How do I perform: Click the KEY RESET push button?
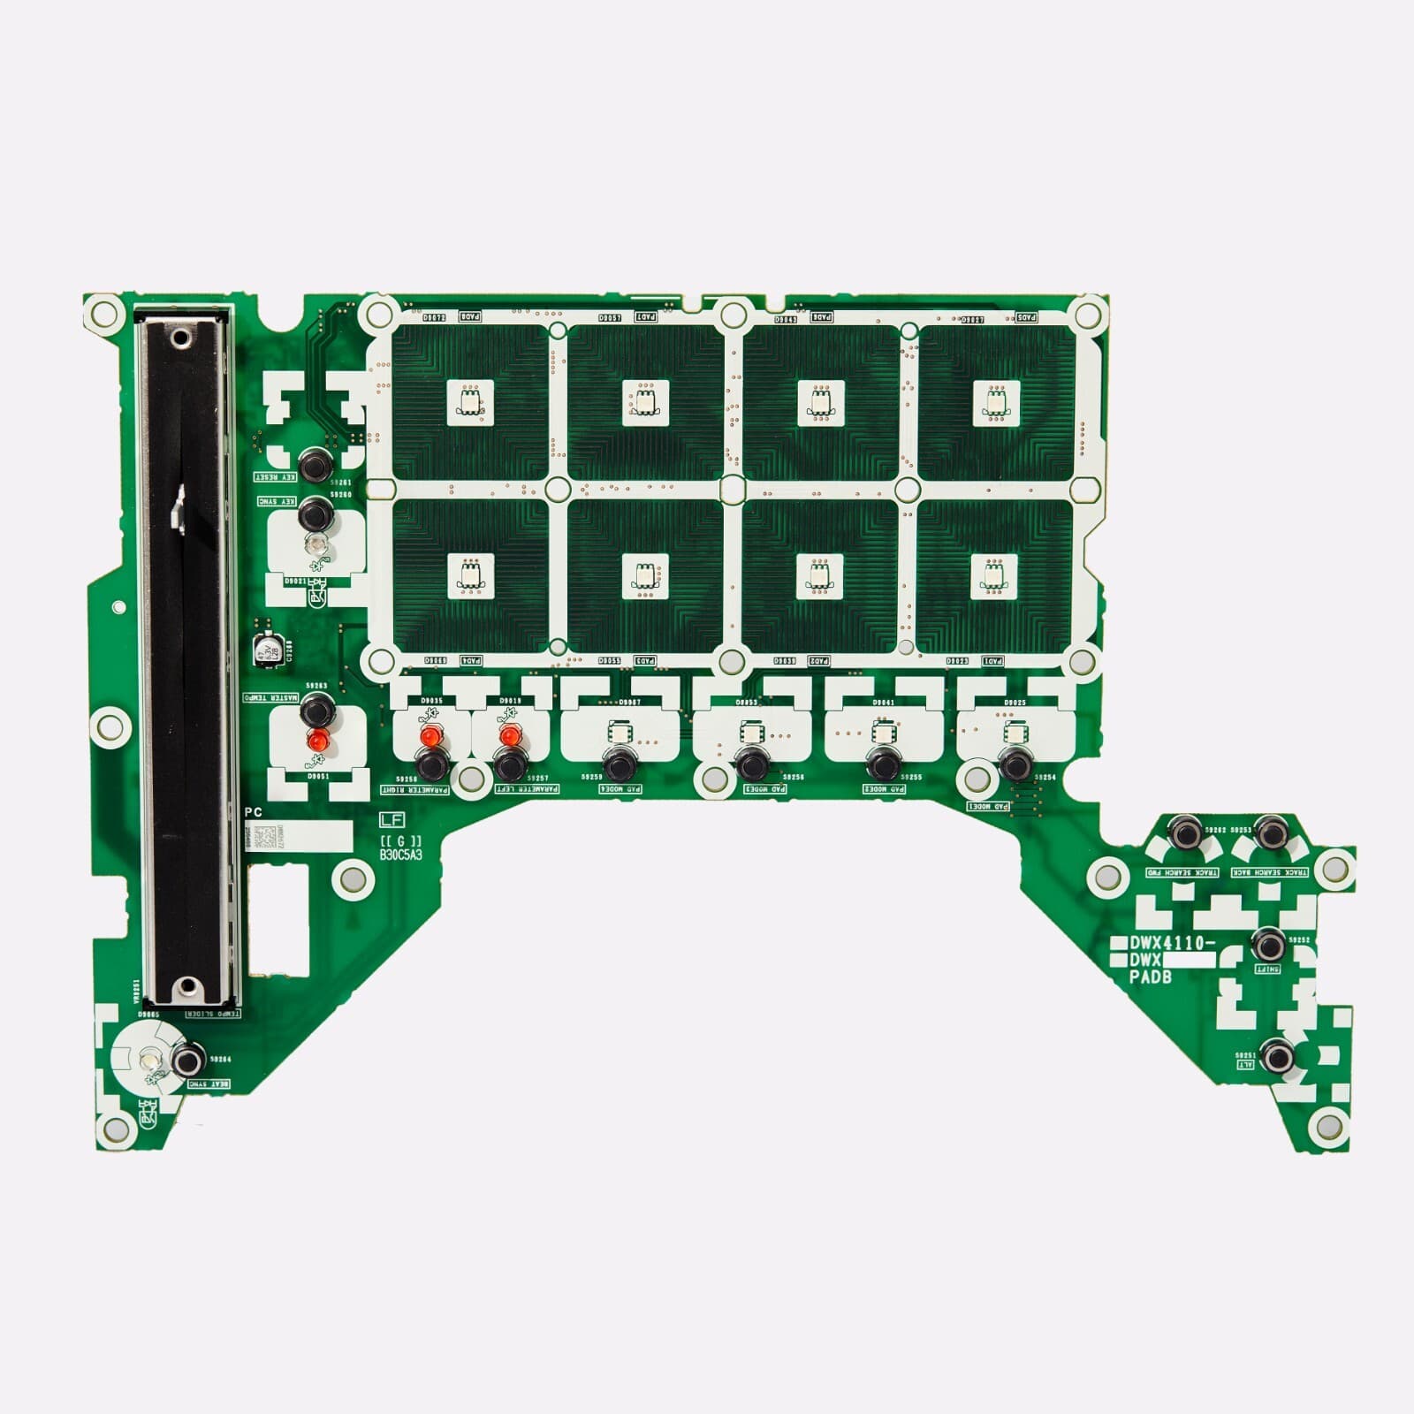(x=315, y=465)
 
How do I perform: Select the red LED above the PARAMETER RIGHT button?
(x=430, y=736)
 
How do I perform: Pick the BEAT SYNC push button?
(x=187, y=1060)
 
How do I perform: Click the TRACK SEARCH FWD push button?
(x=1184, y=832)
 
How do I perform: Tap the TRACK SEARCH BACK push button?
(x=1271, y=832)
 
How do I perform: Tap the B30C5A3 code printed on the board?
(x=400, y=855)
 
